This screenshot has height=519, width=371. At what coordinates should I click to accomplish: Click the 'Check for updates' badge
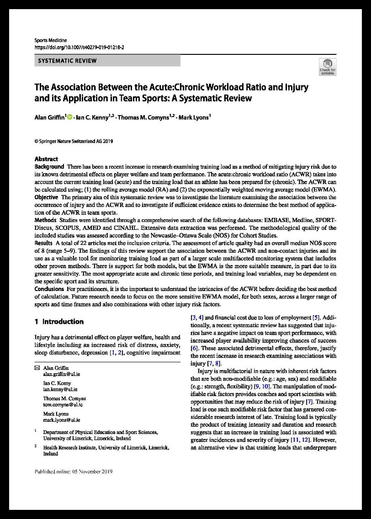328,67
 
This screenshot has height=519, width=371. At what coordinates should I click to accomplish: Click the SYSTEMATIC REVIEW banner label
67,61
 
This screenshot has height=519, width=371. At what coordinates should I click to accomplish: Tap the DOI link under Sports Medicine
79,47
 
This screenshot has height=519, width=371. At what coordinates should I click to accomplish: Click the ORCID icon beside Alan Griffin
70,117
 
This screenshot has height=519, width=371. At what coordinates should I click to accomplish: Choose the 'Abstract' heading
46,159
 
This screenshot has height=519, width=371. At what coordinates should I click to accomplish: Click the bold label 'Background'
49,167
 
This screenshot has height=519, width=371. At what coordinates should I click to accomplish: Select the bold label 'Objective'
47,197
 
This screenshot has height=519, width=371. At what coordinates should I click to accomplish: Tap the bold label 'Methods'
46,220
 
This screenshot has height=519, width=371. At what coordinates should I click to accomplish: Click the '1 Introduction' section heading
59,322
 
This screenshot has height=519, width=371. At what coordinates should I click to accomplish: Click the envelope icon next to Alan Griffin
37,367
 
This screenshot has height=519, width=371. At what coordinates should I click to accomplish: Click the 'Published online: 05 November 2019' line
74,471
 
